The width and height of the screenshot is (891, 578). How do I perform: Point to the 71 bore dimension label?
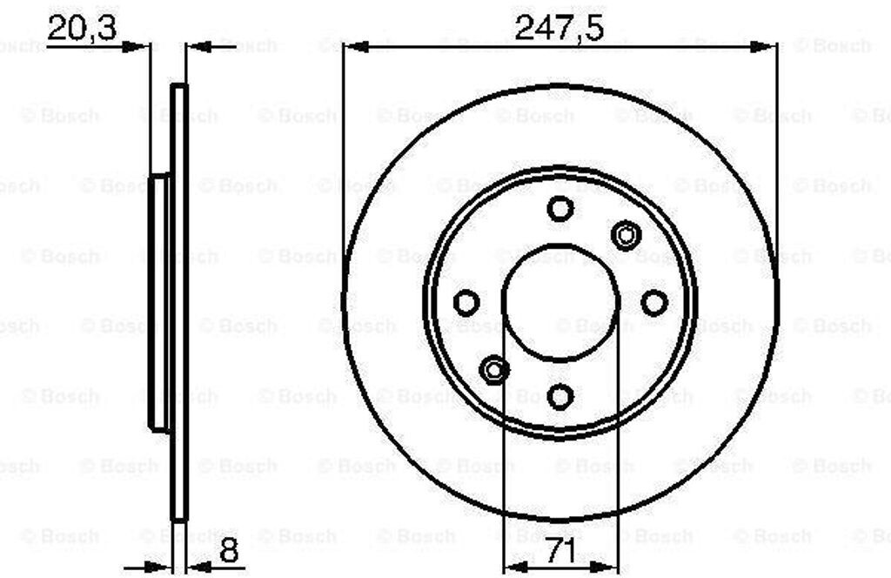click(561, 550)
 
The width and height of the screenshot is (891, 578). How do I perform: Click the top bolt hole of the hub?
click(560, 209)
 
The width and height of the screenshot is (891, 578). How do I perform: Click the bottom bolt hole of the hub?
click(560, 396)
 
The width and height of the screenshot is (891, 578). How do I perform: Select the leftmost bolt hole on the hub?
click(466, 302)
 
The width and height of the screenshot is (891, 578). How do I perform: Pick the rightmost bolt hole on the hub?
click(654, 302)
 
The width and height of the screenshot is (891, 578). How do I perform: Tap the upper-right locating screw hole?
click(626, 235)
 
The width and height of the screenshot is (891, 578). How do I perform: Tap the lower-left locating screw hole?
click(494, 370)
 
